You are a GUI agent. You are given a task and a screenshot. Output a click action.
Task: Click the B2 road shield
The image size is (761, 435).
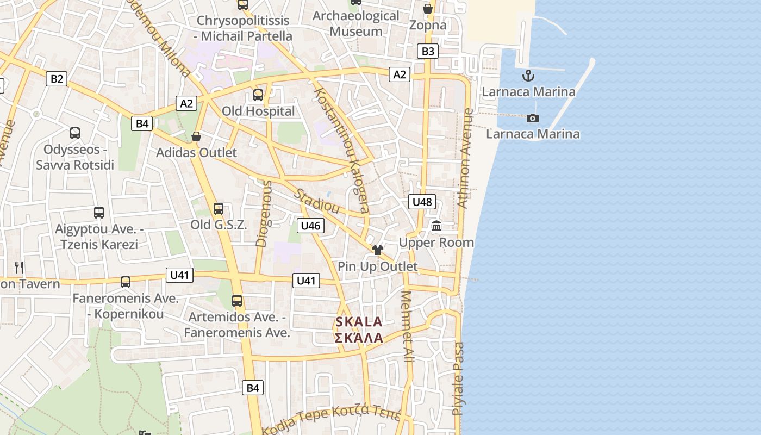coord(57,79)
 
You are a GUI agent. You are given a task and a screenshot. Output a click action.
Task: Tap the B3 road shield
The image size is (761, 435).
coord(428,51)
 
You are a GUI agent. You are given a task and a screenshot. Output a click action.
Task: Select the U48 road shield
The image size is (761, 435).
coord(422,202)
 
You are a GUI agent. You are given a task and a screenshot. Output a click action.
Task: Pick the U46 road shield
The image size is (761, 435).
coord(310,225)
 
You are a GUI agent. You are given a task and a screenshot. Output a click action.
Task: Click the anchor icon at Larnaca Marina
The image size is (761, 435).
coord(527,76)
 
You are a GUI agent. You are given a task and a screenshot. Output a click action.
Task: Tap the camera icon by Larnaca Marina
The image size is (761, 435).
coord(533,118)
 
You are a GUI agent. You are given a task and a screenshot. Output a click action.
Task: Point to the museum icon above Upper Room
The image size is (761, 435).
coord(436,226)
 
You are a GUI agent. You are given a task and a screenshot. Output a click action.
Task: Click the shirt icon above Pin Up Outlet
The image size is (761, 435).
coord(378,250)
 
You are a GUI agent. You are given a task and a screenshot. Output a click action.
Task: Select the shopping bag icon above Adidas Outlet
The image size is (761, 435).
coord(196,136)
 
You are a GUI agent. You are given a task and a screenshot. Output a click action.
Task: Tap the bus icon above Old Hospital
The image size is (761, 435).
coord(258,95)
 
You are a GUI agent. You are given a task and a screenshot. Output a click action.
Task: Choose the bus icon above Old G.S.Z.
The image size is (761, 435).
coord(219,208)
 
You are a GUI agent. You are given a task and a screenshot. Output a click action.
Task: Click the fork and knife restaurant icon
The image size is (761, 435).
coord(19,267)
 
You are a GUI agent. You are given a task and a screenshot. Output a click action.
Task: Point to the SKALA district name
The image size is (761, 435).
coord(359,322)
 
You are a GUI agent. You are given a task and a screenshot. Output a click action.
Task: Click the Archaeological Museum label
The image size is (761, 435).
coord(356,23)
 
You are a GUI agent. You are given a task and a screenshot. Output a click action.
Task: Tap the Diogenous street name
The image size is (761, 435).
coord(264,213)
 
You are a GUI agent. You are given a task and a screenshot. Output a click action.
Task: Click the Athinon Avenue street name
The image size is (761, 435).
coord(465,158)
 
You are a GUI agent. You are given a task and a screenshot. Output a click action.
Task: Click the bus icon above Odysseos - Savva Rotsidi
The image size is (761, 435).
coord(75,133)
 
